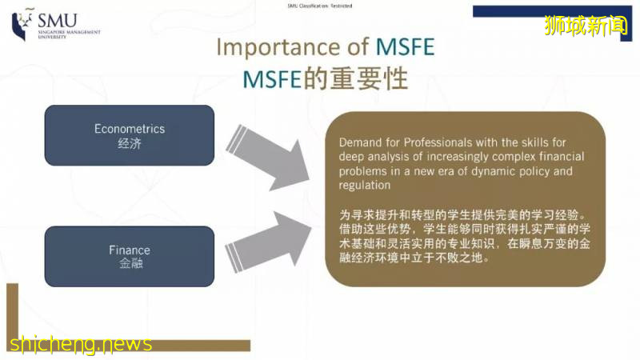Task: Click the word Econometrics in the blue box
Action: coord(129,128)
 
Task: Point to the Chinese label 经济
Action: coord(129,145)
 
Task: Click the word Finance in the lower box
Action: coord(129,250)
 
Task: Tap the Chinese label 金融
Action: coord(129,264)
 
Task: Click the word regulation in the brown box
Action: coord(364,186)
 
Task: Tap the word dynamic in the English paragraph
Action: coord(503,171)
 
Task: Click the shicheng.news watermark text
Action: coord(80,344)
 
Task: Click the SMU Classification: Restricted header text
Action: coord(319,6)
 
